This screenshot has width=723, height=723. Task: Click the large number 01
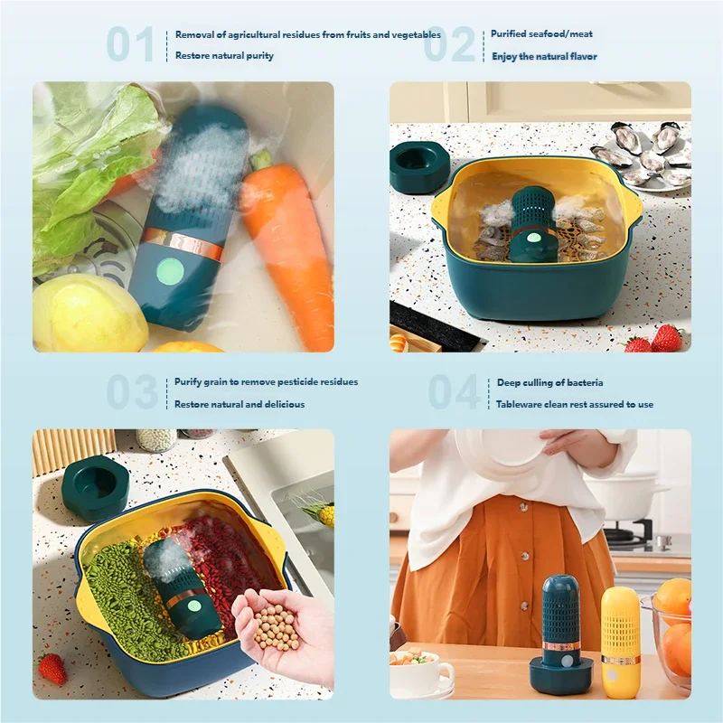coord(130,44)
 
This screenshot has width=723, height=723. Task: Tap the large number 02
coord(449,44)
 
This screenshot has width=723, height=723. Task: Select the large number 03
coord(132,392)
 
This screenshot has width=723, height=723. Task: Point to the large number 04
coord(454,392)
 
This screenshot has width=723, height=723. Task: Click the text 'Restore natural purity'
coord(224,56)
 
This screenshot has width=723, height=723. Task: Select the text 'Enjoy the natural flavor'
coord(544,56)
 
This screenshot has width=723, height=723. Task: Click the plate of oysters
coord(643,154)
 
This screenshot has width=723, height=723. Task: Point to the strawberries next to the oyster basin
coord(658,339)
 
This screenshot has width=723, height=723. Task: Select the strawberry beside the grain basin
coord(52,669)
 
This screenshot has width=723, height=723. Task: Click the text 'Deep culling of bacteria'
coord(549,382)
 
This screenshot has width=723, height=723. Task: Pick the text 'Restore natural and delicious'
coord(239,404)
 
